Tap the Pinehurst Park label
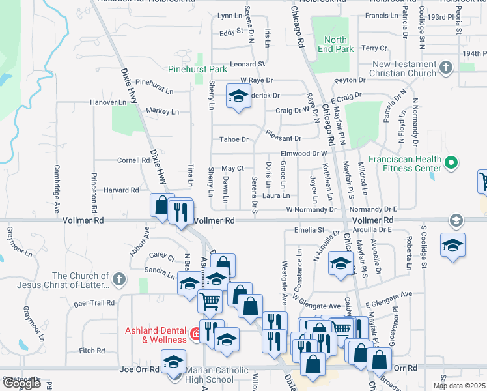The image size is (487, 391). (x=197, y=68)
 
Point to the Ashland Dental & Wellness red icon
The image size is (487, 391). (x=195, y=335)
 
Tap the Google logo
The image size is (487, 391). (x=21, y=383)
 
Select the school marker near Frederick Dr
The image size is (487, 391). (x=238, y=98)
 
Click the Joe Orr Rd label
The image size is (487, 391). (x=140, y=369)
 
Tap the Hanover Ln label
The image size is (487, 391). (x=108, y=102)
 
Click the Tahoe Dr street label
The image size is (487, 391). (x=234, y=139)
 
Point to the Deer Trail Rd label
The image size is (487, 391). (x=94, y=303)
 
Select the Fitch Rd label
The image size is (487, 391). (x=92, y=350)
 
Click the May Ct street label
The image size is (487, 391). (x=232, y=168)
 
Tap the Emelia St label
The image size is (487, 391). (x=309, y=230)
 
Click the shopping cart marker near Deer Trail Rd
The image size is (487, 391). (x=210, y=302)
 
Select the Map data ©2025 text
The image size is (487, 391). (x=460, y=386)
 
